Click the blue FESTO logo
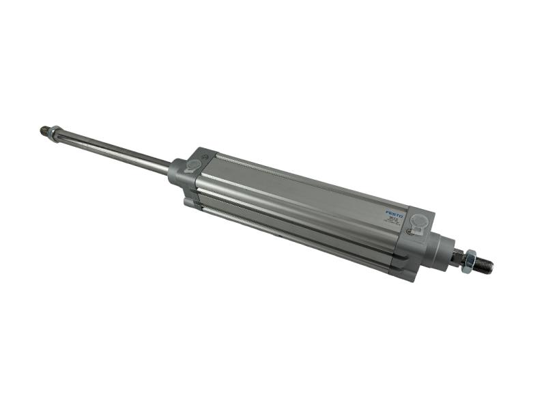click(394, 214)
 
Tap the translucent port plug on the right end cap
click(419, 221)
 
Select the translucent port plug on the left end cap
click(194, 165)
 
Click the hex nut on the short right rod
click(468, 260)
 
